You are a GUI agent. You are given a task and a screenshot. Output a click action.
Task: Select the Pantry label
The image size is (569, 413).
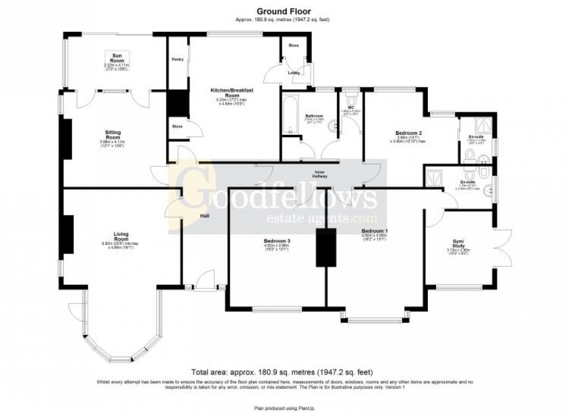coord(178,59)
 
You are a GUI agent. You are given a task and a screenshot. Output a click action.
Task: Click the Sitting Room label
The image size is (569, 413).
coord(113,134)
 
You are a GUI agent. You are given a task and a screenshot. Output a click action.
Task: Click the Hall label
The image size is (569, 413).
coord(205,216)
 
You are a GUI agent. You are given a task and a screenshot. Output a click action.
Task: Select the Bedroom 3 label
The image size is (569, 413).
coord(277,241)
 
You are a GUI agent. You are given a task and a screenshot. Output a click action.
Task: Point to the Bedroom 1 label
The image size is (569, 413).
coord(374,231)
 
